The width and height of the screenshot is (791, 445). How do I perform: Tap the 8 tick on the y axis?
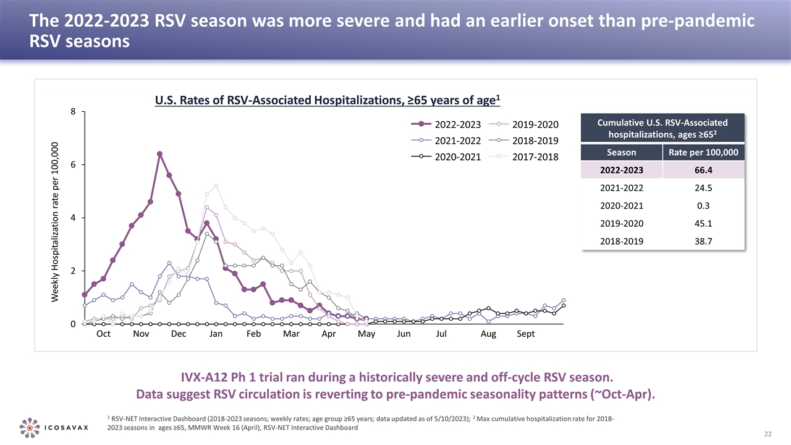pos(73,112)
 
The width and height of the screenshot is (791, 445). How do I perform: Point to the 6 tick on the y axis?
pos(73,165)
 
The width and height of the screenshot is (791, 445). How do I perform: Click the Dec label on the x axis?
pos(179,334)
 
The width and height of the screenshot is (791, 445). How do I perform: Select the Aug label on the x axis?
pos(488,334)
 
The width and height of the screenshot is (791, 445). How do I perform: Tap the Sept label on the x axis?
pos(526,334)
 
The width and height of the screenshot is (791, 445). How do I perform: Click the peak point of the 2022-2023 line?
pos(159,154)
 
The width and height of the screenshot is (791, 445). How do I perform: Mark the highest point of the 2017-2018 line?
pos(216,186)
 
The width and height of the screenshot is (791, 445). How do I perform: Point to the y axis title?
pos(55,222)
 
